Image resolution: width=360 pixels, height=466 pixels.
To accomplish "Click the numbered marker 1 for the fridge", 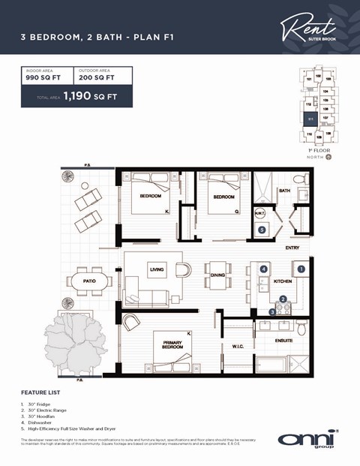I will pos(301,268).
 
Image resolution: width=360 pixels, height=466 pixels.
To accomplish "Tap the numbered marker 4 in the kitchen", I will pos(263,268).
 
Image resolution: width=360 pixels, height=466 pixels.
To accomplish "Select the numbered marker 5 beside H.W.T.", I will pos(261,230).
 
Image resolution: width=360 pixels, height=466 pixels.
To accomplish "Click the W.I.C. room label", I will pos(238,347).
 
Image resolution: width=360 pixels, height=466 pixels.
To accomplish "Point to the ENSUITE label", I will pos(283,340).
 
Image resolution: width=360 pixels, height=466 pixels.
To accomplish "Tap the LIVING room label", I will pos(157,270).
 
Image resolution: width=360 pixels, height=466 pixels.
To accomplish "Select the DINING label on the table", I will pos(217,275).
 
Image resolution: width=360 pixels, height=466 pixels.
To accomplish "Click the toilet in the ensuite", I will pos(301,328).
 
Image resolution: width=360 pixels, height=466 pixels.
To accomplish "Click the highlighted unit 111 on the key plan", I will pos(310,118).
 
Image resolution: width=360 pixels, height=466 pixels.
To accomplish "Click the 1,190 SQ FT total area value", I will pos(90,96).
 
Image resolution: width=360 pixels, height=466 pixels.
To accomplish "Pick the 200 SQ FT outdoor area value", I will pos(95,77).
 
